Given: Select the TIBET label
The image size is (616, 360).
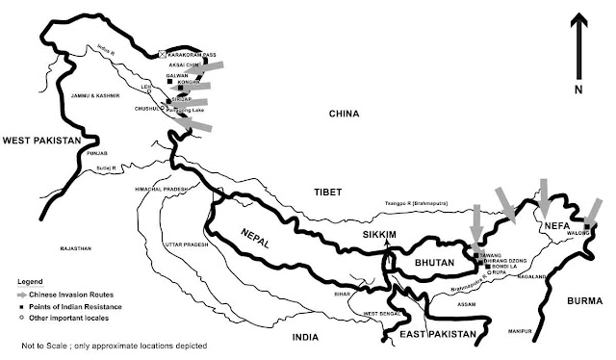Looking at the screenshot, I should click(327, 193).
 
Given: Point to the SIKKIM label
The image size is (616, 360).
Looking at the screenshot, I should click(378, 234).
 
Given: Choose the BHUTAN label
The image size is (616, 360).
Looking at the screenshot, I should click(432, 261).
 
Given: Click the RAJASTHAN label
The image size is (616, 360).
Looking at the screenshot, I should click(73, 248).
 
